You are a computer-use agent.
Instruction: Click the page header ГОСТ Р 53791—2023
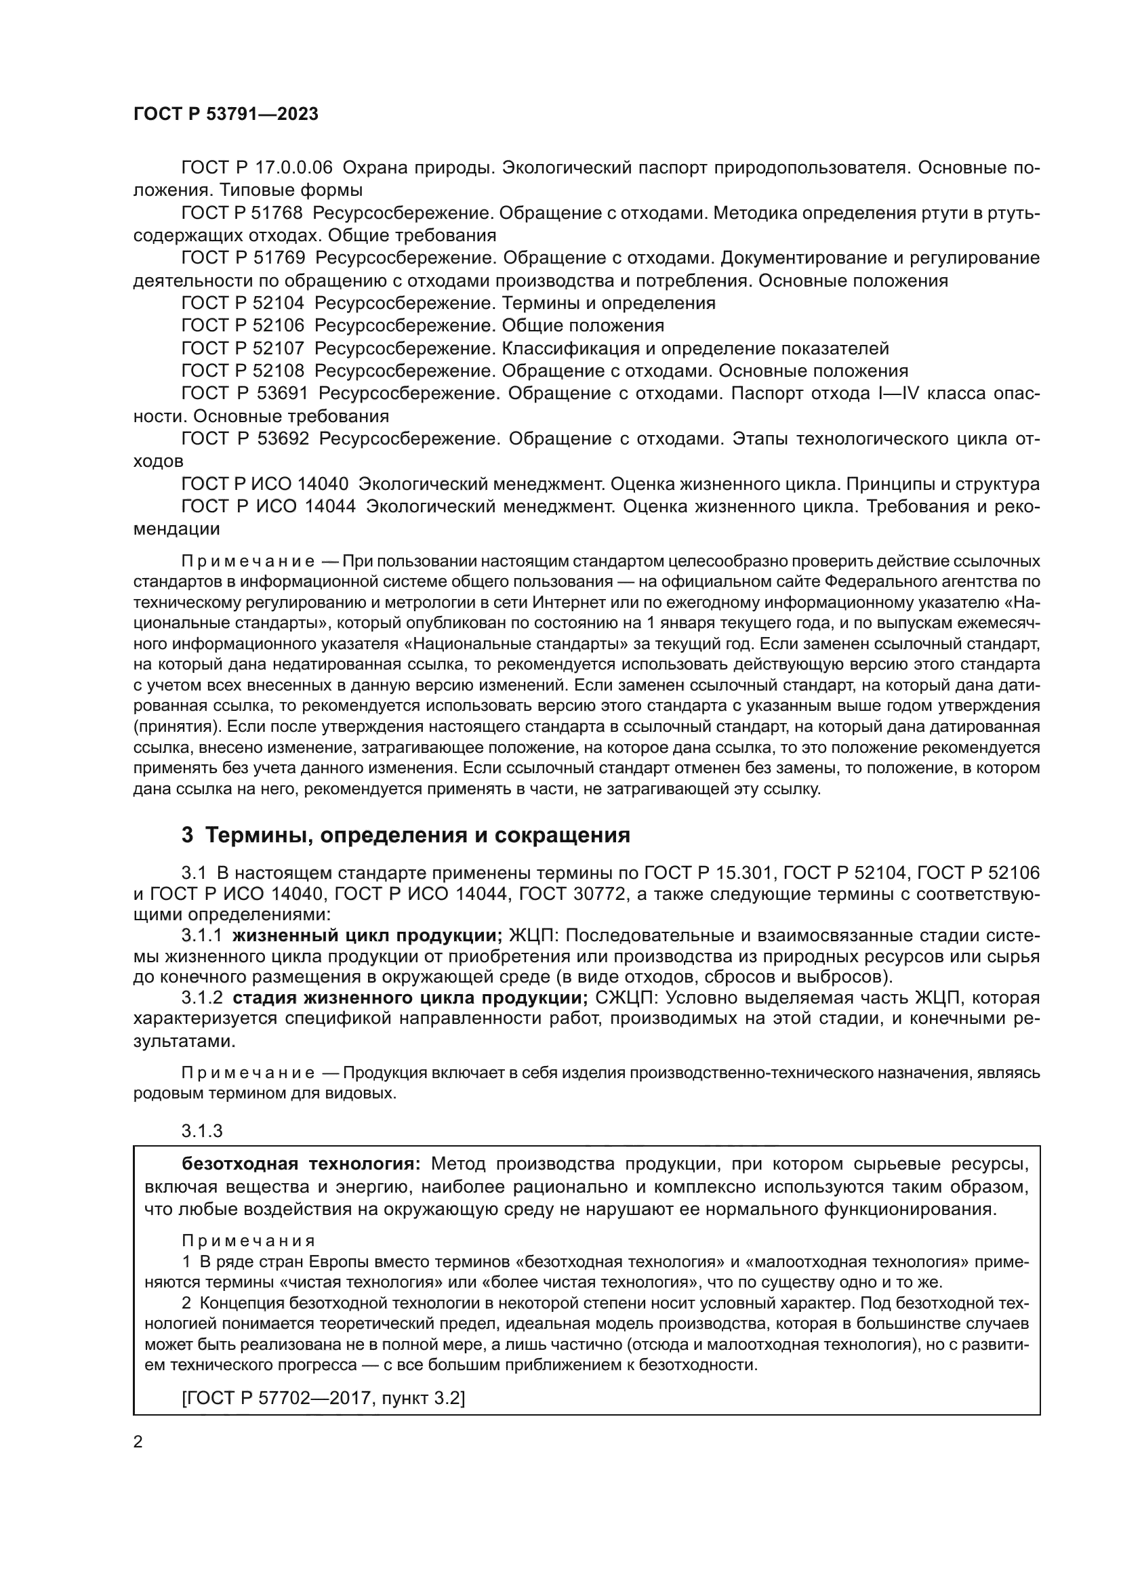tap(226, 115)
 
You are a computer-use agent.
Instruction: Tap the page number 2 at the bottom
tap(138, 1441)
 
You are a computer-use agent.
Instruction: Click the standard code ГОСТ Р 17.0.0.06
tap(257, 168)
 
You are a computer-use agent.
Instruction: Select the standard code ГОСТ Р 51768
tap(242, 213)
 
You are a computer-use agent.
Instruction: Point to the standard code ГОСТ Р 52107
tap(242, 348)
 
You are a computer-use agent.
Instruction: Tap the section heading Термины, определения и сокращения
tap(417, 836)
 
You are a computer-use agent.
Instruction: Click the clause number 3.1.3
tap(202, 1131)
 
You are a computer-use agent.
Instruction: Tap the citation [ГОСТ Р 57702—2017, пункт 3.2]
tap(323, 1399)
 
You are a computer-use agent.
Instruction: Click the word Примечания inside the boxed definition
tap(249, 1241)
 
